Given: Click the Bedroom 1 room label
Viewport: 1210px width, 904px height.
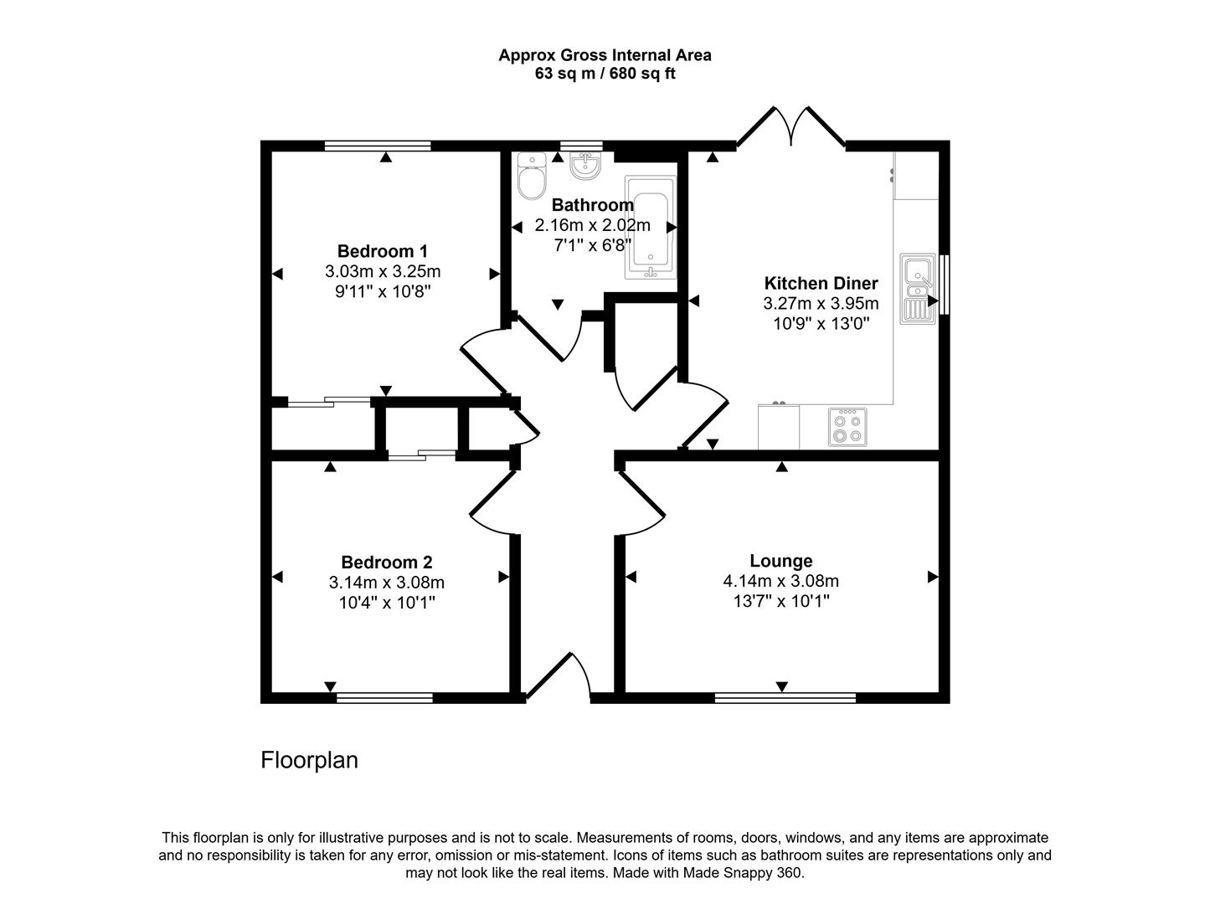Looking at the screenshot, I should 383,251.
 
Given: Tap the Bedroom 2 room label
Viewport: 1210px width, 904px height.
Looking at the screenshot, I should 386,562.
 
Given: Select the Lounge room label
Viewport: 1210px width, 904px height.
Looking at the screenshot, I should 780,561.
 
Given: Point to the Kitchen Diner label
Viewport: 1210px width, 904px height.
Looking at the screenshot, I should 821,283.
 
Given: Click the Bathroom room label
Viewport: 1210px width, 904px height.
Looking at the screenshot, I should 592,205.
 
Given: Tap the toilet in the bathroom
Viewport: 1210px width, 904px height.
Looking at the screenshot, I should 531,177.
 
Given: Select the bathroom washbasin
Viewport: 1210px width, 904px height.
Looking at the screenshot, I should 584,165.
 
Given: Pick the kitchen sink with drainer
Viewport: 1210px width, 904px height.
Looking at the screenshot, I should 918,289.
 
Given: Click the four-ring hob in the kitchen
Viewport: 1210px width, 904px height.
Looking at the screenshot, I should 847,427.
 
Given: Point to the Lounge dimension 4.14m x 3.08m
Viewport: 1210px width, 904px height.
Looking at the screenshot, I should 780,581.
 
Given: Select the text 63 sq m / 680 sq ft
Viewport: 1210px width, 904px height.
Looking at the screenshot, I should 605,74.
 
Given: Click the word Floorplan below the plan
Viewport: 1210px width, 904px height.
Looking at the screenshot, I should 309,760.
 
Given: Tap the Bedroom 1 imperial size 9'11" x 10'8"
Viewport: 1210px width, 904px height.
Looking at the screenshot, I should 383,291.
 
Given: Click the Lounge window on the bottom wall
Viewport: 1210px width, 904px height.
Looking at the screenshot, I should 785,697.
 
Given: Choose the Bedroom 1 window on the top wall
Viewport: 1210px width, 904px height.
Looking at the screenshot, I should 378,146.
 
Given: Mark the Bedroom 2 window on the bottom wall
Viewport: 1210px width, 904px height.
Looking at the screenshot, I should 384,697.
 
